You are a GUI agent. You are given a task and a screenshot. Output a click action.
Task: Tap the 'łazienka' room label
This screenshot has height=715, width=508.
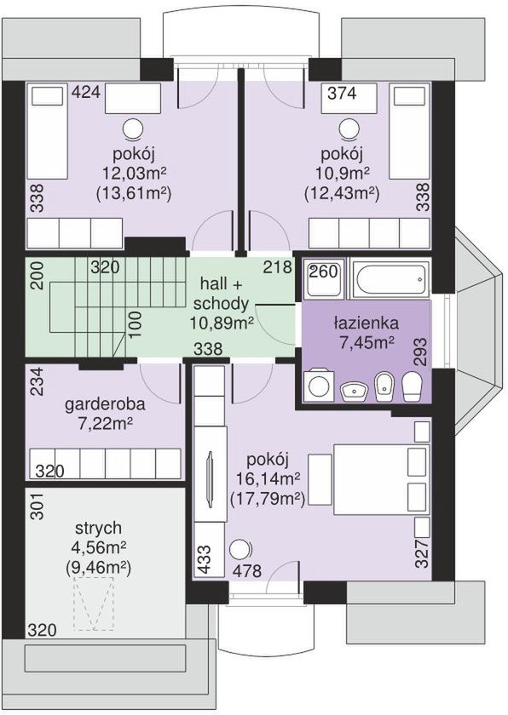tap(366, 323)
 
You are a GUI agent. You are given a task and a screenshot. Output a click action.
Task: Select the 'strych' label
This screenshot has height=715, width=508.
tap(99, 528)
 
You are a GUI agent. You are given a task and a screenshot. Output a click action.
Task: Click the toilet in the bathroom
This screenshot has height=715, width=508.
tap(413, 386)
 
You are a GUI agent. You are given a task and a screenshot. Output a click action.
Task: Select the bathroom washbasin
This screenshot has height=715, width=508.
tap(355, 392)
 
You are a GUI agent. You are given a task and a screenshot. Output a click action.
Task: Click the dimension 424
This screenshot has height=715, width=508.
tap(86, 92)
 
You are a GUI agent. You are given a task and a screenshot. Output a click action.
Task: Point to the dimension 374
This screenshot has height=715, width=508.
tap(343, 93)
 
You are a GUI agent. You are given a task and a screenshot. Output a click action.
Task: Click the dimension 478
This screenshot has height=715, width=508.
tap(247, 570)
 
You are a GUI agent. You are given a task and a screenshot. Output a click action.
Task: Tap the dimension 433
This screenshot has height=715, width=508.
tap(205, 559)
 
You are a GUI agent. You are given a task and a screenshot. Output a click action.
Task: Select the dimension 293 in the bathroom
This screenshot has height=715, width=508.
tap(422, 352)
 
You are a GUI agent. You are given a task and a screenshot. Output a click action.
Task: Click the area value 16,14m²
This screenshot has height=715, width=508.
tap(268, 478)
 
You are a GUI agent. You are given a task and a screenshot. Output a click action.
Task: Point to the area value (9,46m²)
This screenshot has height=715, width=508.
tap(99, 568)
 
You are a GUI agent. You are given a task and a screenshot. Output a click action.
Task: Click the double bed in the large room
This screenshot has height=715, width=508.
tap(383, 478)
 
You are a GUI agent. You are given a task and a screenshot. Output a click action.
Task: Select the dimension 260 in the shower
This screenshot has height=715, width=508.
tap(324, 272)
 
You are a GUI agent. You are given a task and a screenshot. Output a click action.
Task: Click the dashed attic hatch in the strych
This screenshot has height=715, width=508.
tap(94, 603)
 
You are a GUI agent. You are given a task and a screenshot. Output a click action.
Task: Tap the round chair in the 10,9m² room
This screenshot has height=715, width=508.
tap(349, 129)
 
